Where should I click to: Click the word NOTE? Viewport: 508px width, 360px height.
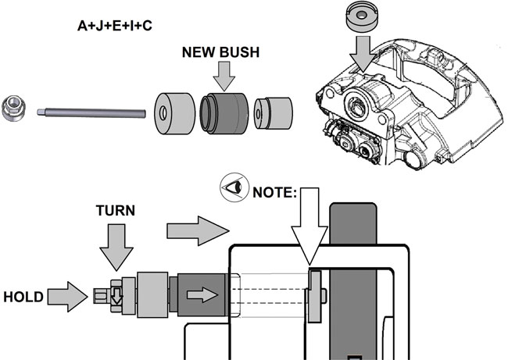coord(275,189)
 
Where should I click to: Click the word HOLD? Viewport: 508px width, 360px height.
coord(23,298)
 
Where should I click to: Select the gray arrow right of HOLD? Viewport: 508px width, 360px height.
coord(67,297)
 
